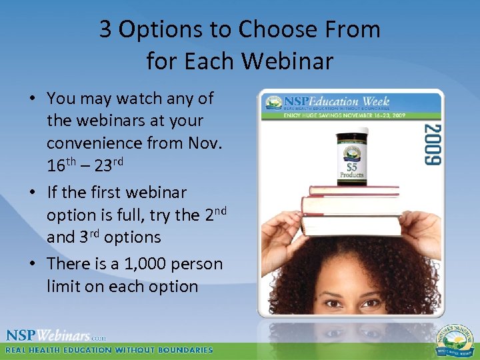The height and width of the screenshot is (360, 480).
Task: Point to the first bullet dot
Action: tap(32, 99)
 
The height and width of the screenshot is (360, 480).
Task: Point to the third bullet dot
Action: tap(32, 264)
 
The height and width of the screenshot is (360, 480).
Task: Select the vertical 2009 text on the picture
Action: tap(432, 143)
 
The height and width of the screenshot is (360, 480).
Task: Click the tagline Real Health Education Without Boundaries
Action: tap(109, 350)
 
